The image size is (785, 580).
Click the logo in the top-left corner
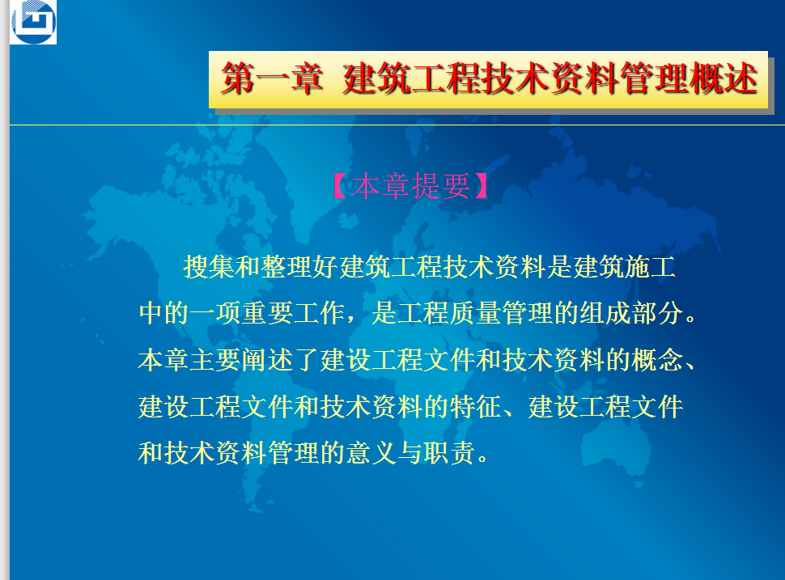coord(33,22)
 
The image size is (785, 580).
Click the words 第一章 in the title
coord(272,78)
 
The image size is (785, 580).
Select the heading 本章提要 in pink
coord(410,186)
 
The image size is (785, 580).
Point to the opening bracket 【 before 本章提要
coord(339,186)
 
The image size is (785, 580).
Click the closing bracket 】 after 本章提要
coord(482,186)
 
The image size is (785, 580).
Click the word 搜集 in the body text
coord(210,266)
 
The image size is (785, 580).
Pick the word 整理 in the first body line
coord(286,266)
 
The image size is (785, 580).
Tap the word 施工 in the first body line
coord(650,266)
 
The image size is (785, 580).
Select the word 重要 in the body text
coord(268,313)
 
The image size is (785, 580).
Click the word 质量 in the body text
coord(475,313)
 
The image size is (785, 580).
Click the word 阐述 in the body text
coord(268,360)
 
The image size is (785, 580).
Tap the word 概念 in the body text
coord(657,360)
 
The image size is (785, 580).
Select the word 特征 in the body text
coord(475,406)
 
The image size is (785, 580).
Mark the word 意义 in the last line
coord(371,453)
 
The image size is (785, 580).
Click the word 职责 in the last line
coord(449,453)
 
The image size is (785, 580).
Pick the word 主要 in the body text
coord(216,360)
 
